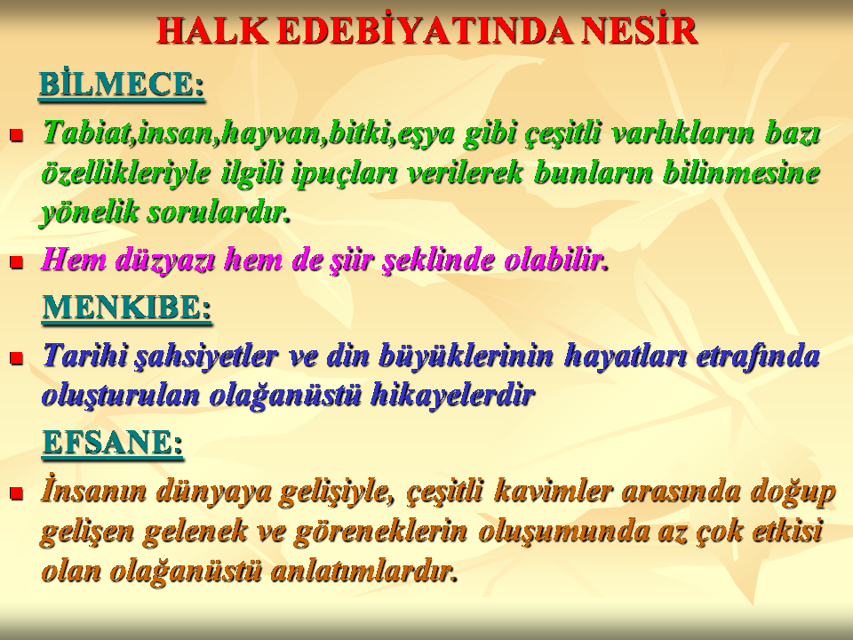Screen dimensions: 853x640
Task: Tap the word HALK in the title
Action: click(212, 31)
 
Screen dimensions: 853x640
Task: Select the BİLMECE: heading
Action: click(122, 84)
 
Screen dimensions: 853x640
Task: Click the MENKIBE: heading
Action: click(127, 308)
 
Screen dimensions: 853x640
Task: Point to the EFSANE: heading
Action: click(113, 442)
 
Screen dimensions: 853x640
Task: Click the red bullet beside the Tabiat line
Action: click(16, 134)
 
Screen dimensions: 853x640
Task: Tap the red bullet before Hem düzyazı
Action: click(16, 262)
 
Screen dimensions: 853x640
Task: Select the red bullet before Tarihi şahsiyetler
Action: click(16, 357)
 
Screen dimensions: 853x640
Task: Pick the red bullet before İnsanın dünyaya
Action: click(16, 493)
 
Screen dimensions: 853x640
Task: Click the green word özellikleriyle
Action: click(125, 173)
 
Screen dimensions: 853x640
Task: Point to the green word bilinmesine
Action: click(741, 172)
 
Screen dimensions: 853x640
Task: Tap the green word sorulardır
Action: click(217, 212)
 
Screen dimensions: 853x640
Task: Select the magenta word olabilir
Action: click(554, 260)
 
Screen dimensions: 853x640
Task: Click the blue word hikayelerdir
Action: click(452, 395)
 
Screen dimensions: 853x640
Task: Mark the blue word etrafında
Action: click(758, 356)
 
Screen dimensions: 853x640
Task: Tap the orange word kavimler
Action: click(553, 491)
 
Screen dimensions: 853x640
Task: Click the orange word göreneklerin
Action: click(380, 532)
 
